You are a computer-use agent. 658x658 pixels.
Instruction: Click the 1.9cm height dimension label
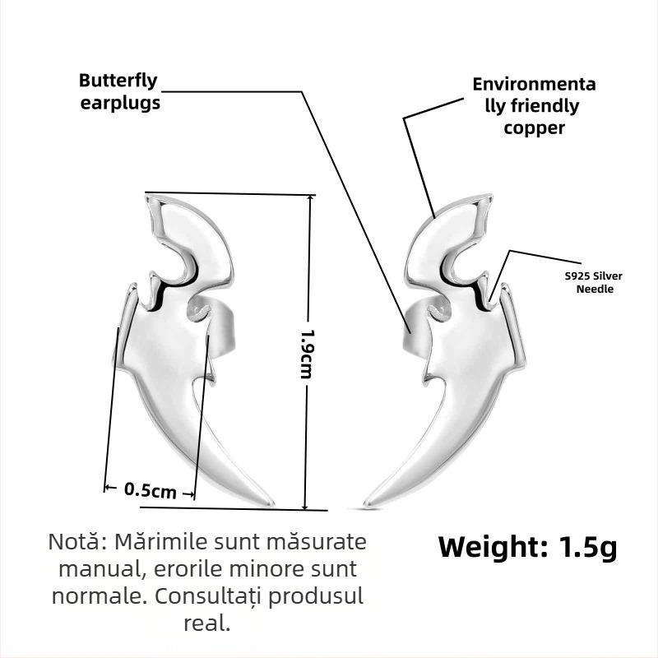(307, 354)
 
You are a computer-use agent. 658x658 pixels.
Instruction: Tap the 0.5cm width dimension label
(151, 490)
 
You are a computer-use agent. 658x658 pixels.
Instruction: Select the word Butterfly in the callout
(118, 81)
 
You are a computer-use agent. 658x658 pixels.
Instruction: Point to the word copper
(534, 128)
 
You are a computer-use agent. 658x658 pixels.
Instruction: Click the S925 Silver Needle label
(594, 282)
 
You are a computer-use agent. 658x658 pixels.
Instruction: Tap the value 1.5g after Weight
(588, 547)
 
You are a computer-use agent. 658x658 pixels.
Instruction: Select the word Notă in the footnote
(78, 541)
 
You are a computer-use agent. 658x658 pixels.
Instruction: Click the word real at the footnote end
(207, 623)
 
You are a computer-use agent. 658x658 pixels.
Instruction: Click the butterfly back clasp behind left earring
(214, 322)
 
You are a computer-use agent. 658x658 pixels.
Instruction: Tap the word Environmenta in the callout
(534, 85)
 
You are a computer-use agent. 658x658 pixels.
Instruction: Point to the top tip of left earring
(147, 195)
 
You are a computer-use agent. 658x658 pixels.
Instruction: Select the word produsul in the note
(316, 596)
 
